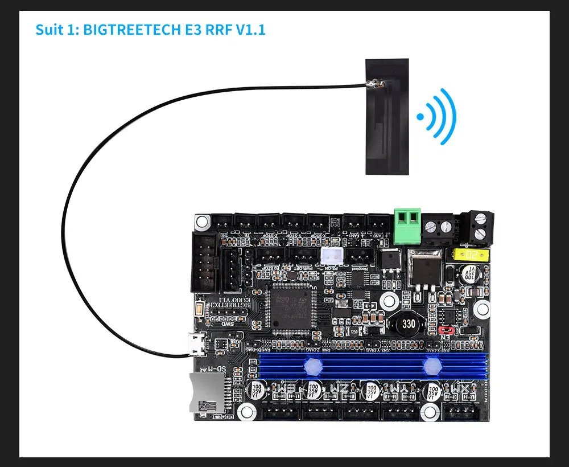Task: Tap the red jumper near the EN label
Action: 447,330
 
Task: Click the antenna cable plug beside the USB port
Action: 183,357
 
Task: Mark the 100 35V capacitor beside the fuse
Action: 471,272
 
